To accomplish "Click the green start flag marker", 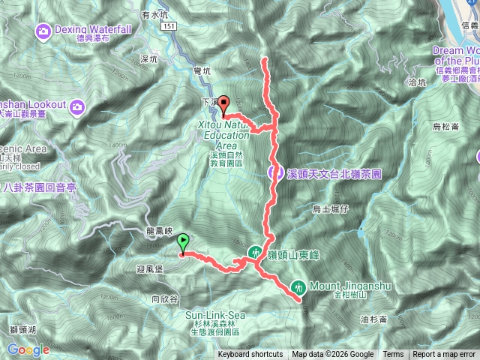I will click(x=184, y=243).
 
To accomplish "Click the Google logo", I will click(x=28, y=349).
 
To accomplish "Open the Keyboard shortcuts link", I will click(x=250, y=355).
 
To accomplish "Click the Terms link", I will click(x=393, y=355).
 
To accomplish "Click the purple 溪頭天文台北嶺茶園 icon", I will click(x=276, y=173).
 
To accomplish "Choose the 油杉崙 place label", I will click(x=373, y=319).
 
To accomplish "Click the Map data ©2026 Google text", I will click(x=333, y=355).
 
